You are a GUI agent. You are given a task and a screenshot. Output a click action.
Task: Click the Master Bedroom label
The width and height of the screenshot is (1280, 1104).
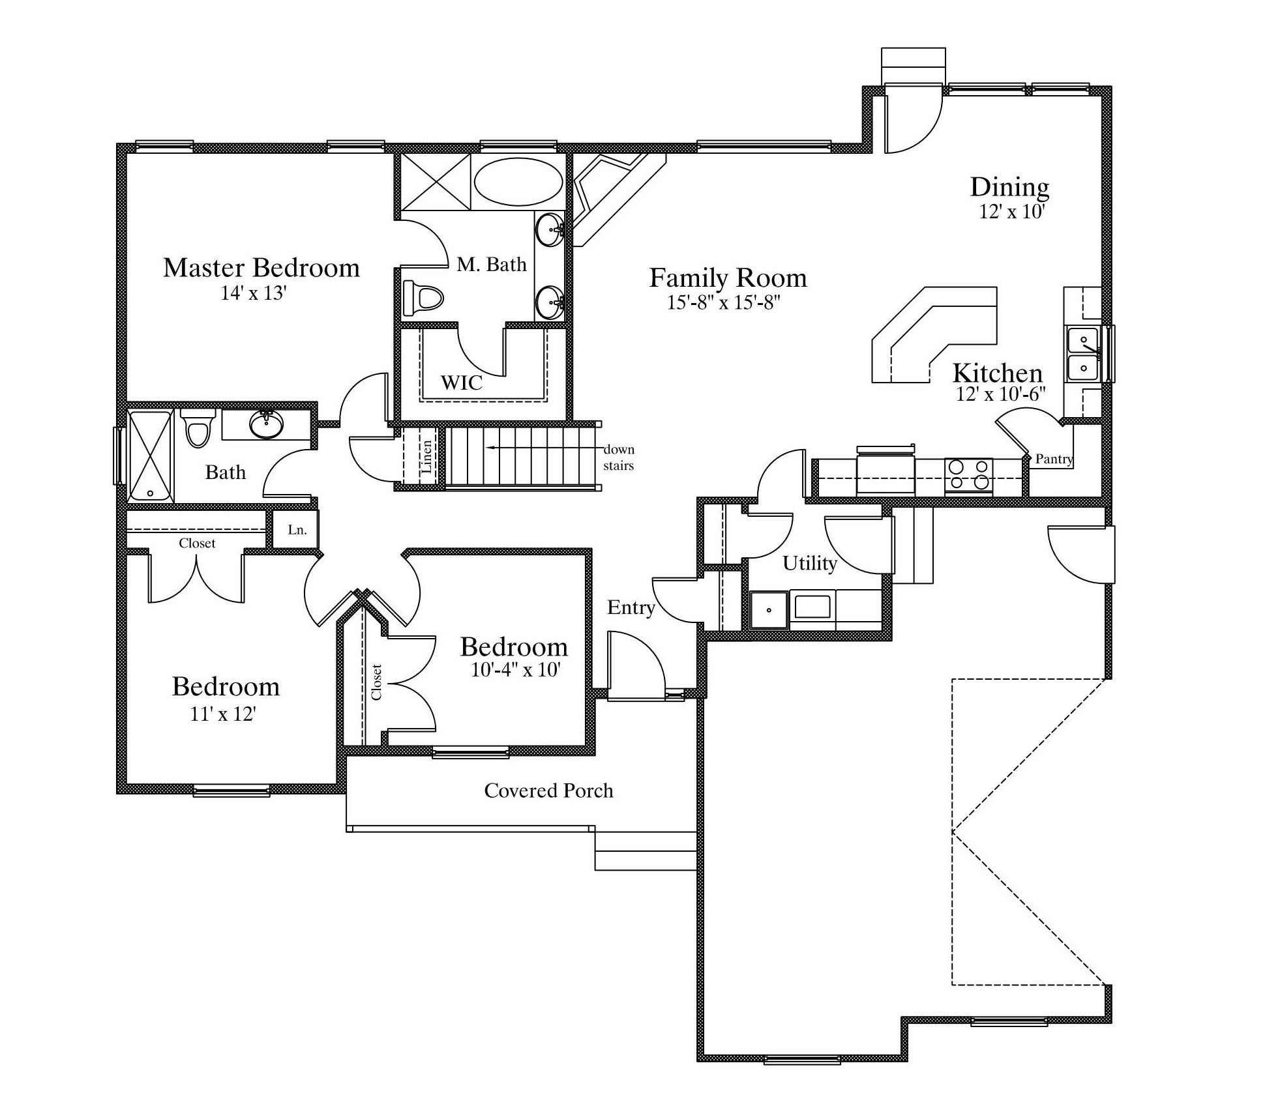pyautogui.click(x=261, y=268)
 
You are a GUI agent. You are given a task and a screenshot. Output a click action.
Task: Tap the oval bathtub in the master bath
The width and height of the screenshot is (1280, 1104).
pyautogui.click(x=518, y=182)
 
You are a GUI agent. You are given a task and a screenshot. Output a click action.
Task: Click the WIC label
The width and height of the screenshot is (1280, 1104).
pyautogui.click(x=462, y=383)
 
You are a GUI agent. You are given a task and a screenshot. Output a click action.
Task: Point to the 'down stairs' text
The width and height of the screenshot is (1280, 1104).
pyautogui.click(x=619, y=458)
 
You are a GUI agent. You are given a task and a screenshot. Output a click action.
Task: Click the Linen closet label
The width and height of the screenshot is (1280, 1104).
pyautogui.click(x=426, y=456)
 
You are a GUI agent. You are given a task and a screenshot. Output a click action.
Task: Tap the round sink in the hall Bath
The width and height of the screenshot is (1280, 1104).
pyautogui.click(x=267, y=426)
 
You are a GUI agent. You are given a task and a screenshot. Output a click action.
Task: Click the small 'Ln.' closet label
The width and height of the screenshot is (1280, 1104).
pyautogui.click(x=297, y=530)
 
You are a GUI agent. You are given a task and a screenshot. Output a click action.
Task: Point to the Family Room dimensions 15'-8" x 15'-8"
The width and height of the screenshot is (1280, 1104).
pyautogui.click(x=724, y=302)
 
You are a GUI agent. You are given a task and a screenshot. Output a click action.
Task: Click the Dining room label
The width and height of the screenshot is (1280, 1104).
pyautogui.click(x=1009, y=187)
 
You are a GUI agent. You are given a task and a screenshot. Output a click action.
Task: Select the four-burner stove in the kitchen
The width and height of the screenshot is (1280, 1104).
pyautogui.click(x=968, y=474)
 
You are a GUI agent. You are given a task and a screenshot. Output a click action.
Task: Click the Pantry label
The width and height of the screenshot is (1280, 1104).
pyautogui.click(x=1054, y=459)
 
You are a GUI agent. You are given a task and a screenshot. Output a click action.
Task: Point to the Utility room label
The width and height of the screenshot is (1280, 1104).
pyautogui.click(x=810, y=563)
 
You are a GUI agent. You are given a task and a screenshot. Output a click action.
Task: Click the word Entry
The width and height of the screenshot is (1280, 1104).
pyautogui.click(x=631, y=608)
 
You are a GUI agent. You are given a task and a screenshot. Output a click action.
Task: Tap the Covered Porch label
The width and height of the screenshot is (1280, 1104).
pyautogui.click(x=548, y=791)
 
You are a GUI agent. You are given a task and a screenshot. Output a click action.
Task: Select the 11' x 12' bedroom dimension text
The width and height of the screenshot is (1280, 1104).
pyautogui.click(x=222, y=714)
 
